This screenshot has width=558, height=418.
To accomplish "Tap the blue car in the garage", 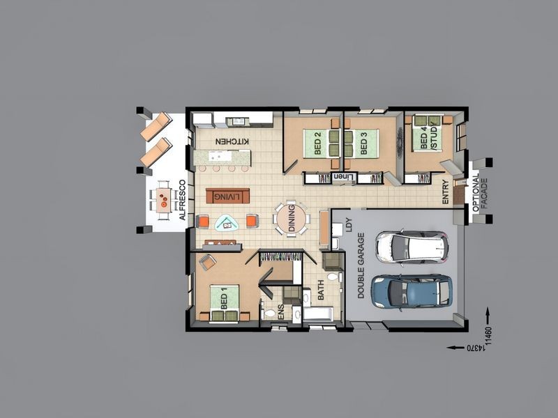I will [412, 291].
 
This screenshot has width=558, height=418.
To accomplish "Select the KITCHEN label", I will [232, 141].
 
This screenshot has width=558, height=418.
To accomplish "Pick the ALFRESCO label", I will [182, 201].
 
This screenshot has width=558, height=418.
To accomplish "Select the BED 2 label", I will [317, 144].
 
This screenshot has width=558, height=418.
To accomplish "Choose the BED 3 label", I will [363, 144].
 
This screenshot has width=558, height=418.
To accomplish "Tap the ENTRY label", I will [445, 192].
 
